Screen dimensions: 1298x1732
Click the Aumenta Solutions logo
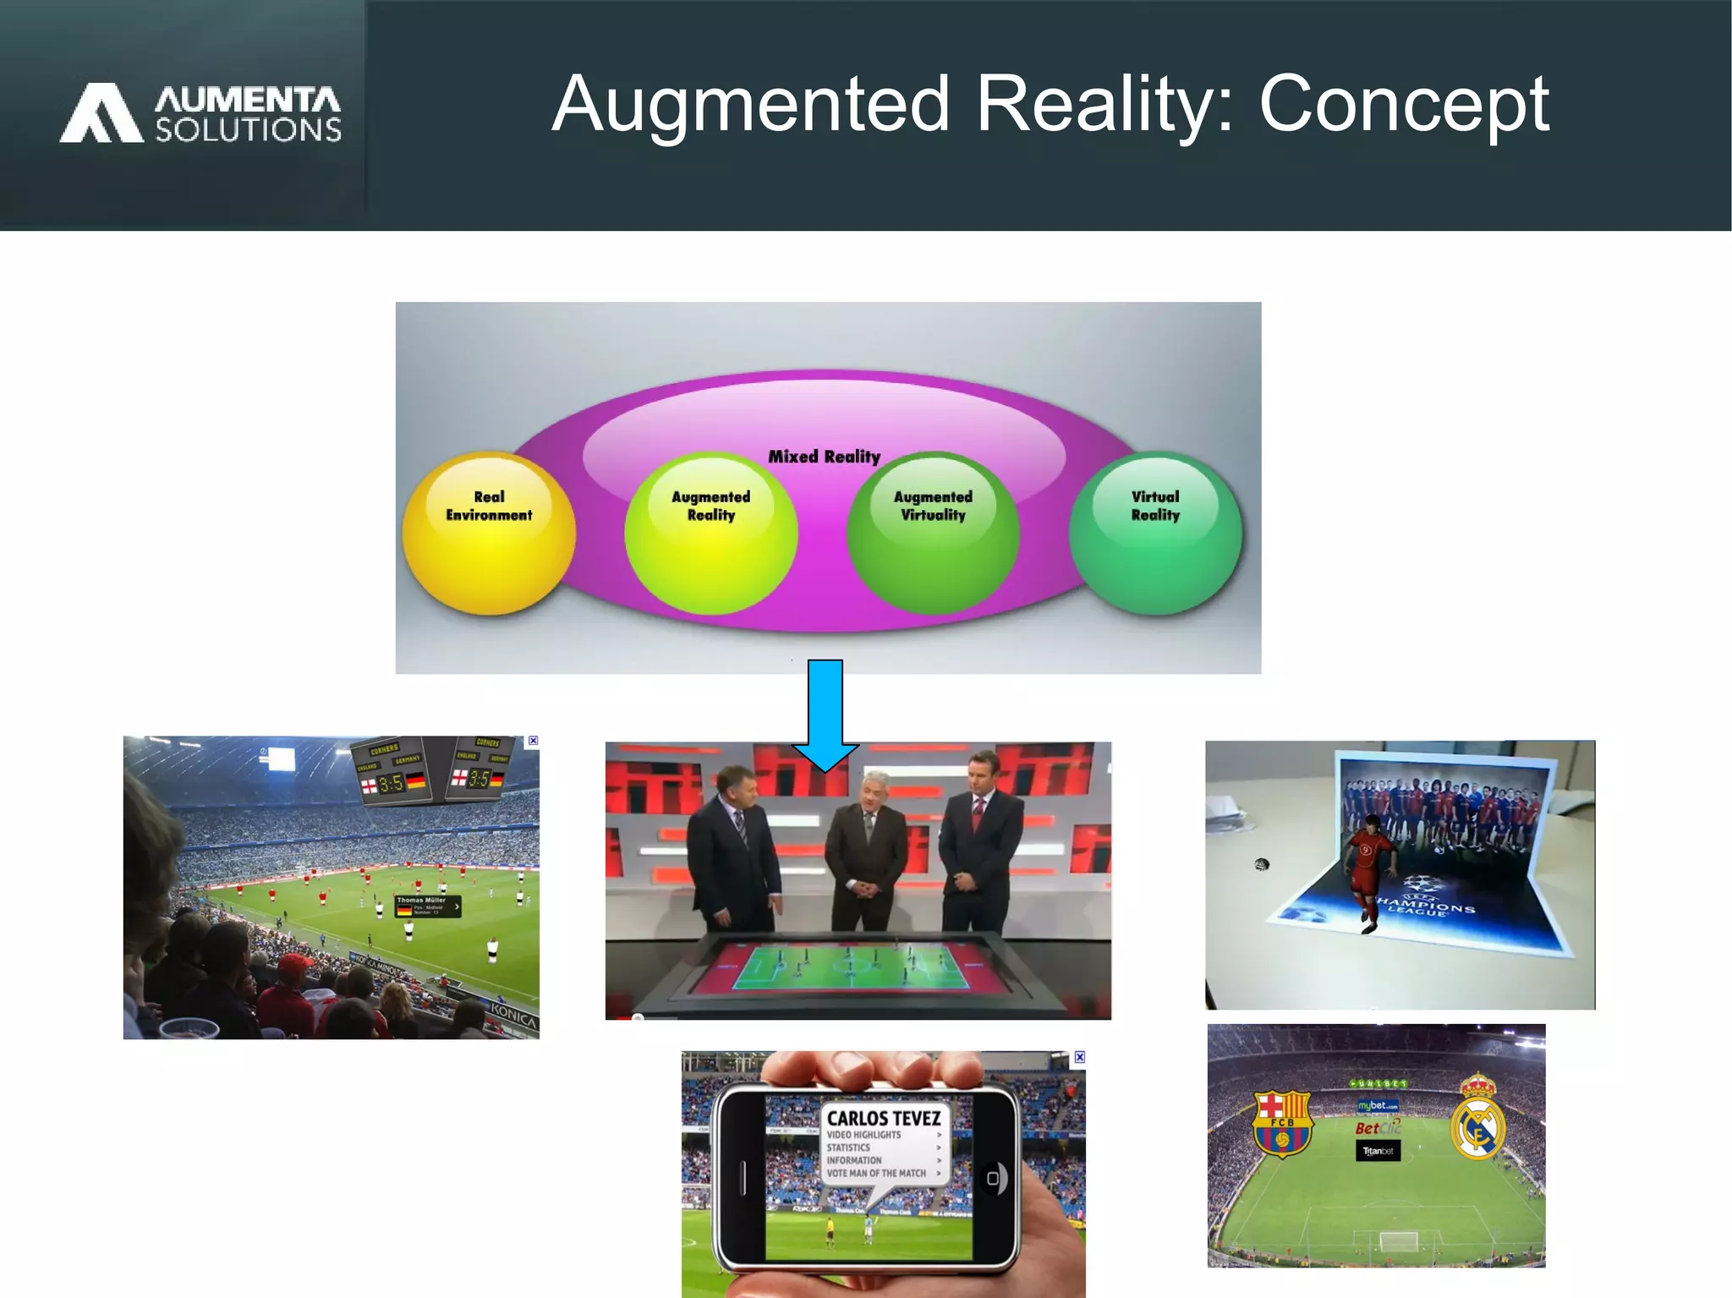200,112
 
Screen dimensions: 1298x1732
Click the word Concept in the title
1404,104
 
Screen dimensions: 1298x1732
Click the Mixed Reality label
824,457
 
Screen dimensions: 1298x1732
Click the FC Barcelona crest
1282,1124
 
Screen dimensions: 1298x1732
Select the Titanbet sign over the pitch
1378,1151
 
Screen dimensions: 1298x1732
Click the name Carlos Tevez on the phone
884,1118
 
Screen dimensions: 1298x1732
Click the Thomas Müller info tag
428,906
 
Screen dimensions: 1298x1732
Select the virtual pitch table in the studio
851,968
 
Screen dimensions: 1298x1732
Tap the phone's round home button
994,1178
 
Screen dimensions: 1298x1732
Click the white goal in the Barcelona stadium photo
1398,1240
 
